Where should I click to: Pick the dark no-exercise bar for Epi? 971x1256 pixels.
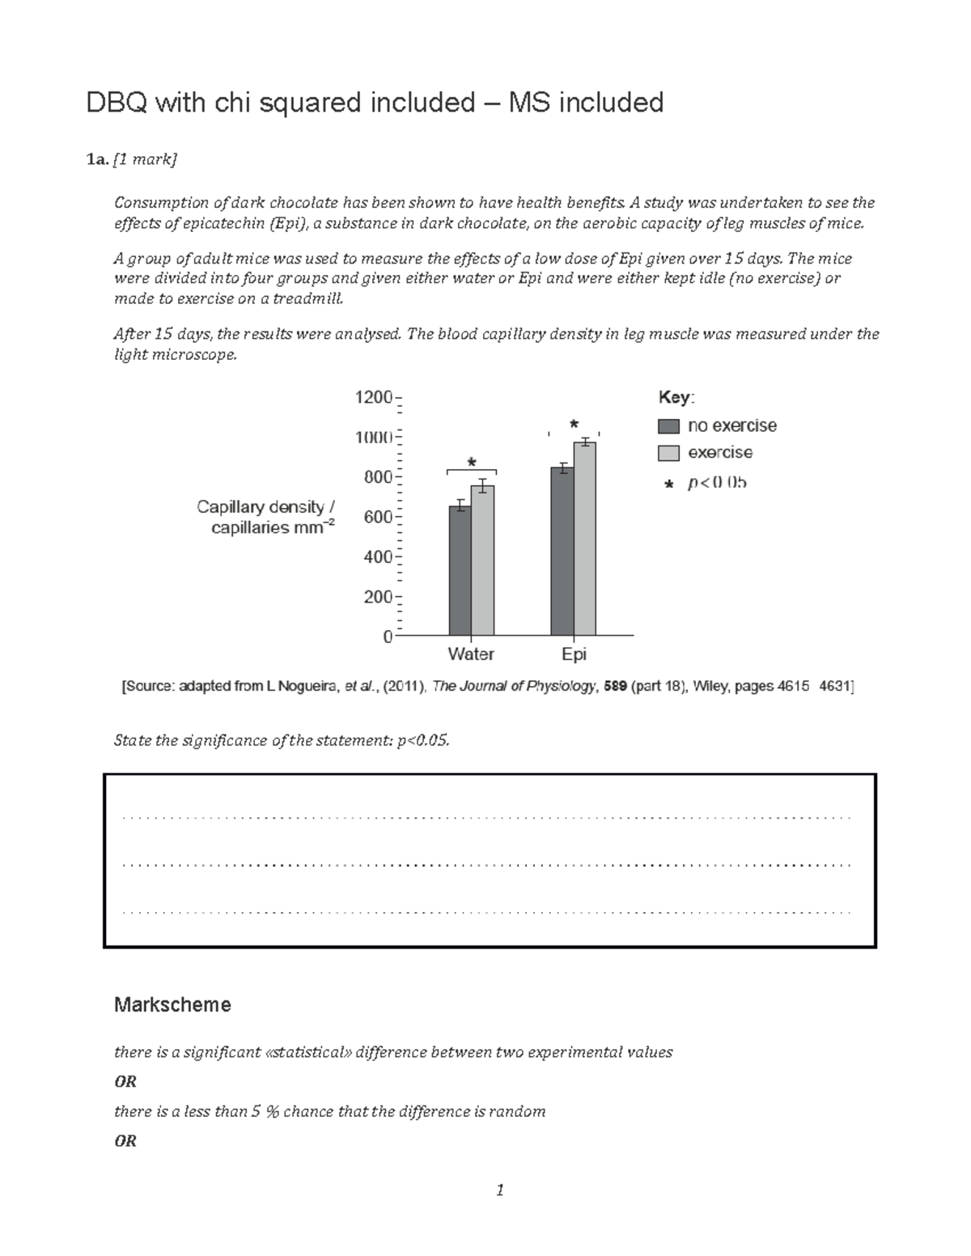coord(562,552)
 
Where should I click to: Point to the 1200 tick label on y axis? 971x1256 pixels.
coord(373,397)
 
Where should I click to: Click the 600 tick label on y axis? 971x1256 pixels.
coord(378,517)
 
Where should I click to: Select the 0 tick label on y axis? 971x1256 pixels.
coord(388,636)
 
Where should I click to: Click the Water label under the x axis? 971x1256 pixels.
coord(471,653)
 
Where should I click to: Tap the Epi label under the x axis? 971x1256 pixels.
coord(574,653)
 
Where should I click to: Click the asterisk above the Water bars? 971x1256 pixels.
coord(472,463)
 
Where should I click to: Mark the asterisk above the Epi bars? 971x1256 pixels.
coord(574,425)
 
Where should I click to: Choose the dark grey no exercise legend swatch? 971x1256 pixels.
coord(668,426)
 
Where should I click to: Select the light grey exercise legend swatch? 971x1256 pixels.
coord(668,453)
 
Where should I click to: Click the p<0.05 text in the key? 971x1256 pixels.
coord(717,484)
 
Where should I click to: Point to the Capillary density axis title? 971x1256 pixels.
coord(266,518)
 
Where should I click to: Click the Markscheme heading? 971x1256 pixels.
coord(172,1004)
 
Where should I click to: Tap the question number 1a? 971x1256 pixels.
coord(96,160)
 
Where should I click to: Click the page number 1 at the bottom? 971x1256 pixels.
coord(500,1190)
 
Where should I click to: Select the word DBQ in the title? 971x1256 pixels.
coord(117,103)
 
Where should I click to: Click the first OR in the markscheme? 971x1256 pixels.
coord(125,1082)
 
